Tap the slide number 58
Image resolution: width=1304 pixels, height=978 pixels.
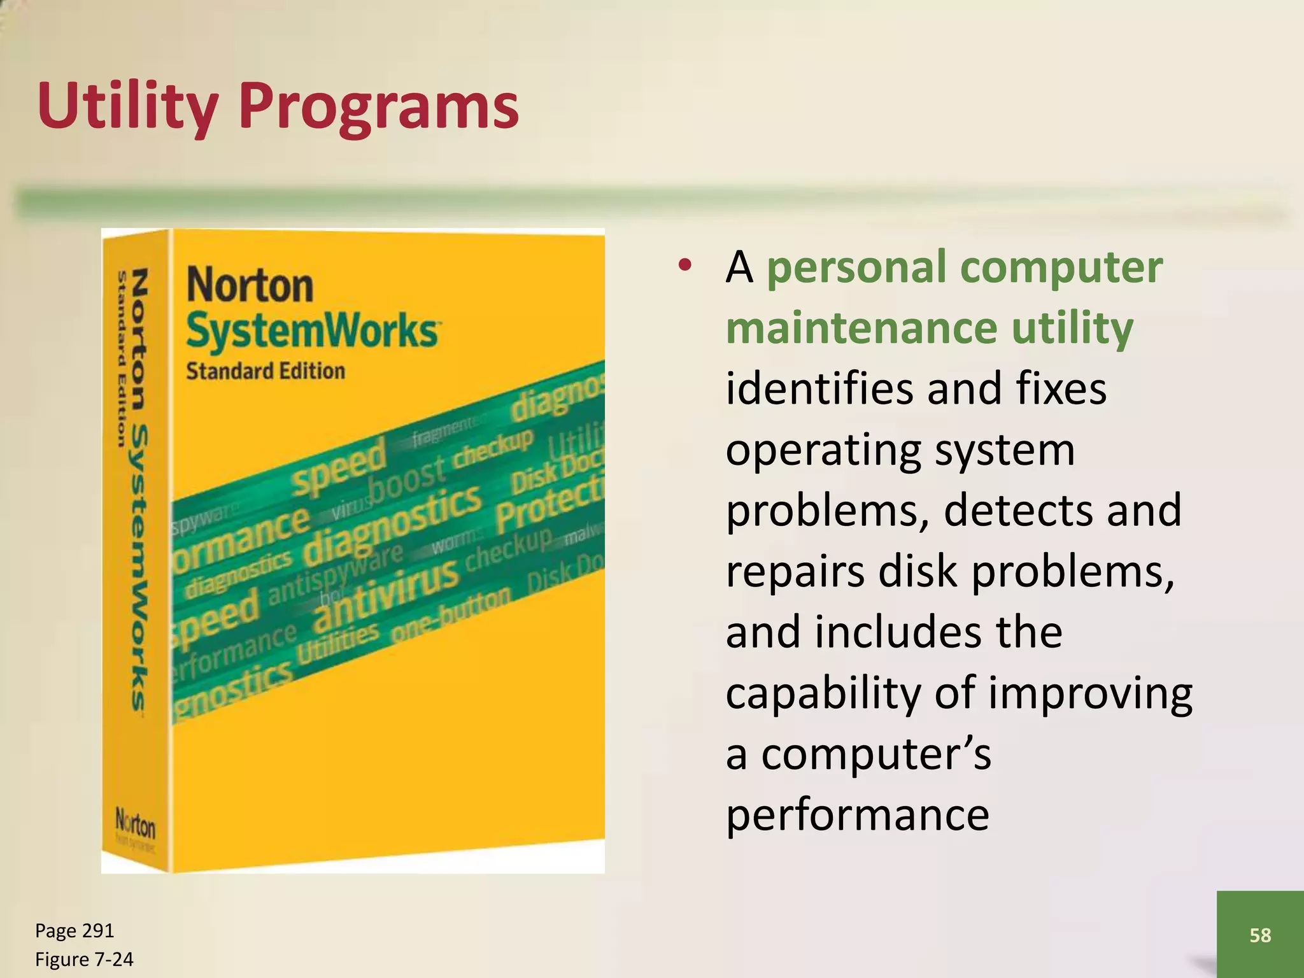[1260, 935]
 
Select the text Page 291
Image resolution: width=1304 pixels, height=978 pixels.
[74, 930]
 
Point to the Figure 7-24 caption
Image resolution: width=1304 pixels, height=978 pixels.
[84, 959]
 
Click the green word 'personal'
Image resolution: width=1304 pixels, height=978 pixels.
[856, 267]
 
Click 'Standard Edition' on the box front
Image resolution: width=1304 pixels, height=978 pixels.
[265, 371]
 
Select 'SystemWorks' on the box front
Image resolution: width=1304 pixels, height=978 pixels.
[312, 330]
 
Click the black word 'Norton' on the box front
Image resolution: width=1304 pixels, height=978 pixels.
[250, 285]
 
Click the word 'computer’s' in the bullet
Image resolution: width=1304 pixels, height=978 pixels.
[876, 754]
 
